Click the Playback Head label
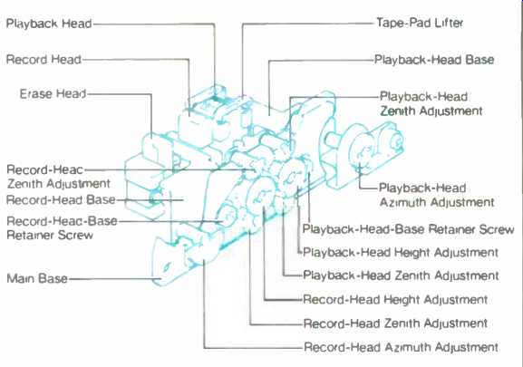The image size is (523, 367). click(x=49, y=24)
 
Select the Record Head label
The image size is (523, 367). click(x=44, y=60)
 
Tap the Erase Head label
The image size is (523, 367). click(x=53, y=93)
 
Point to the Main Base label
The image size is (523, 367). click(x=37, y=278)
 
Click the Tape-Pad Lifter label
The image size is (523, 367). click(x=420, y=23)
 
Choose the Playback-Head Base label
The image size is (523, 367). click(x=434, y=60)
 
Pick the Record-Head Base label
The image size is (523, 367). click(x=61, y=200)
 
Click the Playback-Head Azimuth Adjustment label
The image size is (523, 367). click(x=437, y=195)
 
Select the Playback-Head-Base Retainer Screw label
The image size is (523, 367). click(x=408, y=229)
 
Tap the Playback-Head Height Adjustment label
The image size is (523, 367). click(x=401, y=253)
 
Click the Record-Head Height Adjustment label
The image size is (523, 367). click(x=395, y=300)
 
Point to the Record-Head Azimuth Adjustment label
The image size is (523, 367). click(x=401, y=347)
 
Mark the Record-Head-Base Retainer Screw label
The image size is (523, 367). click(x=62, y=228)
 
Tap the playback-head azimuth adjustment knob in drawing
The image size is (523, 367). click(x=361, y=150)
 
